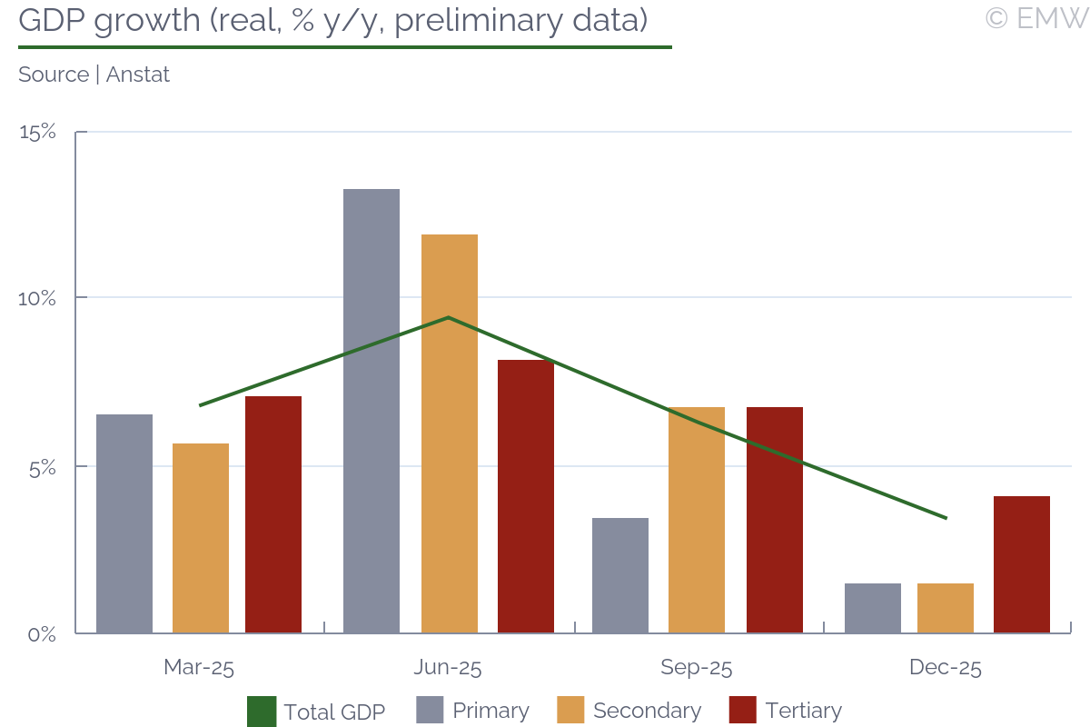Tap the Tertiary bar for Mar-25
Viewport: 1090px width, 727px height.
point(273,514)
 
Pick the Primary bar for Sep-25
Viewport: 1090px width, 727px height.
point(620,575)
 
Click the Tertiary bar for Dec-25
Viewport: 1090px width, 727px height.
point(1022,564)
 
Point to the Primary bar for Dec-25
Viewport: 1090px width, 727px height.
point(873,608)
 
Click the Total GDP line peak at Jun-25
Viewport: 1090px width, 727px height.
point(449,317)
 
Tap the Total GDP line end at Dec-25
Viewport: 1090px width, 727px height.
point(946,518)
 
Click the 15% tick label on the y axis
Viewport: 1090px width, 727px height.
point(37,133)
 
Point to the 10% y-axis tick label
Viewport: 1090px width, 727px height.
point(37,298)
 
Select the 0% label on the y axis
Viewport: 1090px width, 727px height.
point(41,633)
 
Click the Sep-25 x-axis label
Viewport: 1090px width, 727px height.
point(697,668)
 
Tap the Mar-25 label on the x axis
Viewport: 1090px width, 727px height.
point(199,668)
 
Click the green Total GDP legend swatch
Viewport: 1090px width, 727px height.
point(262,711)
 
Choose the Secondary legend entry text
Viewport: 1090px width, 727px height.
point(647,711)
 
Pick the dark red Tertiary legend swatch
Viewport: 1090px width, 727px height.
point(743,711)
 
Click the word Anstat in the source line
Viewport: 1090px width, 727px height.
point(138,75)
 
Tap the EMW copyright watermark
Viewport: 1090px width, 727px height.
point(1035,18)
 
